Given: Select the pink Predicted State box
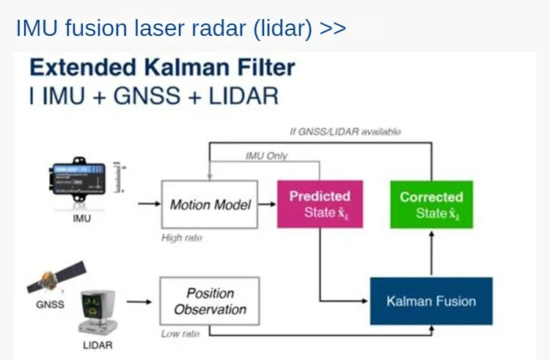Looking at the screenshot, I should [x=320, y=205].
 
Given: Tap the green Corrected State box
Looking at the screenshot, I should [x=431, y=205].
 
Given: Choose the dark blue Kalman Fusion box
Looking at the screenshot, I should [x=431, y=301].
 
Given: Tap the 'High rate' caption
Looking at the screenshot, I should [x=182, y=238].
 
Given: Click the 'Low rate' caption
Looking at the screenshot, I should [x=180, y=334].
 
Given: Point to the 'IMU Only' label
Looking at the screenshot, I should [x=266, y=155].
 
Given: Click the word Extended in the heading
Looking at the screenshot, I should [x=81, y=68].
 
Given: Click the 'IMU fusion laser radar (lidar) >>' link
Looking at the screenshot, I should [x=180, y=29].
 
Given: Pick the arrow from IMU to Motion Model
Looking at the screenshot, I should [x=148, y=204].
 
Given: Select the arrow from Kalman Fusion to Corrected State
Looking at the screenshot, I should [x=431, y=253].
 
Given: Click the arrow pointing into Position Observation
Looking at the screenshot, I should [x=142, y=301].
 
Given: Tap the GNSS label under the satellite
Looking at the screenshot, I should [x=50, y=304].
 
